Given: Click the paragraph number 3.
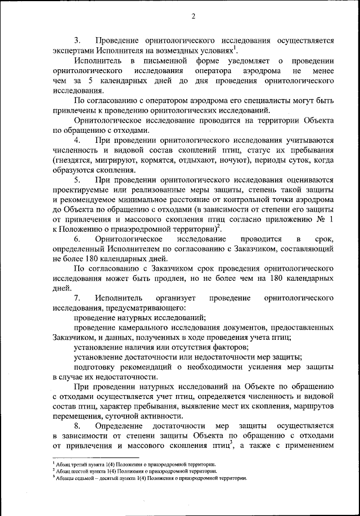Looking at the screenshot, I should [x=78, y=41].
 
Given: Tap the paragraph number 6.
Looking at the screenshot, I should [x=78, y=240].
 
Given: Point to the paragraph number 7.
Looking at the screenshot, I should [x=78, y=298].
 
